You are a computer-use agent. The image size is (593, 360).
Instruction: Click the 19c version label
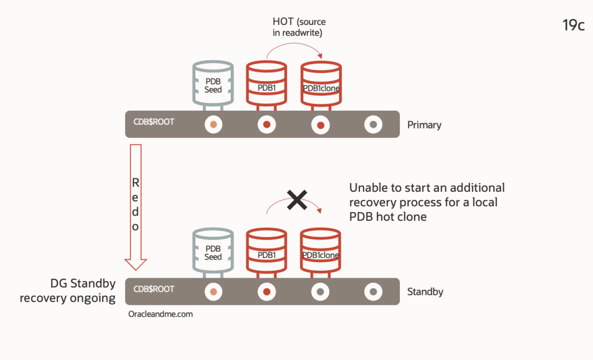[573, 26]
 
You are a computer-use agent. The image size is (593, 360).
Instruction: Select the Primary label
[424, 125]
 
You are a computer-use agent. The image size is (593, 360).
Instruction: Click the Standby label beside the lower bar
[425, 292]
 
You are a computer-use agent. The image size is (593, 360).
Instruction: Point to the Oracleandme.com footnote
[161, 314]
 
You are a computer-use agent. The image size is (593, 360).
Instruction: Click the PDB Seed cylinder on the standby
[213, 252]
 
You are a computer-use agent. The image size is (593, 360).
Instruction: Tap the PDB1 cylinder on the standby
[267, 252]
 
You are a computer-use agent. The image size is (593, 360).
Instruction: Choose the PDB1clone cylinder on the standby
[321, 252]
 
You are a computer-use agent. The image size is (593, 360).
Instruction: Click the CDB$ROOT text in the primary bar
[154, 122]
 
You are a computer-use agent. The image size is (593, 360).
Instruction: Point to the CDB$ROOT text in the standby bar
[154, 289]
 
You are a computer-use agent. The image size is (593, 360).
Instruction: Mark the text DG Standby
[82, 284]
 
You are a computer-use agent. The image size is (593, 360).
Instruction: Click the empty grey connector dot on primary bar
[374, 125]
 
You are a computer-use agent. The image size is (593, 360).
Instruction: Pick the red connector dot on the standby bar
[267, 292]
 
